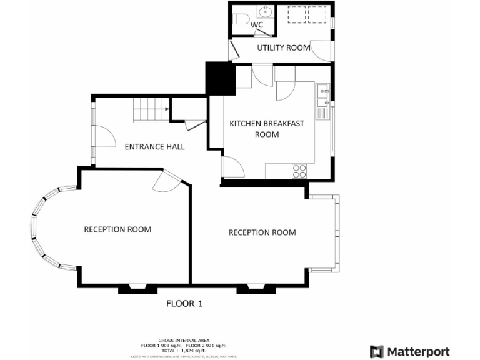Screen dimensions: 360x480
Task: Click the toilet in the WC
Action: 241,17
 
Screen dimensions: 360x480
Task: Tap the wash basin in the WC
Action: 266,11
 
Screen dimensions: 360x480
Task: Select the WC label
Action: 257,25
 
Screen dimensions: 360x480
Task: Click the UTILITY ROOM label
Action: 284,47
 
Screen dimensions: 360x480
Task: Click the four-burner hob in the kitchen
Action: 299,171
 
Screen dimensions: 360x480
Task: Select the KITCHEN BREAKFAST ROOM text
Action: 267,128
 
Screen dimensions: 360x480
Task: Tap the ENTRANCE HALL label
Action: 154,147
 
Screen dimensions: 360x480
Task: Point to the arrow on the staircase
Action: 167,109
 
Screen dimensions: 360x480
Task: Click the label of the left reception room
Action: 117,229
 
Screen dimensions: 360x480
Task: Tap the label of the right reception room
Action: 262,232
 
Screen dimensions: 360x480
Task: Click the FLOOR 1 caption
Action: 184,304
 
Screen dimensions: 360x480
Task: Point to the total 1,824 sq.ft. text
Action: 183,351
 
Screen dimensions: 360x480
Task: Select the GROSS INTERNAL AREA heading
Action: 183,341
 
